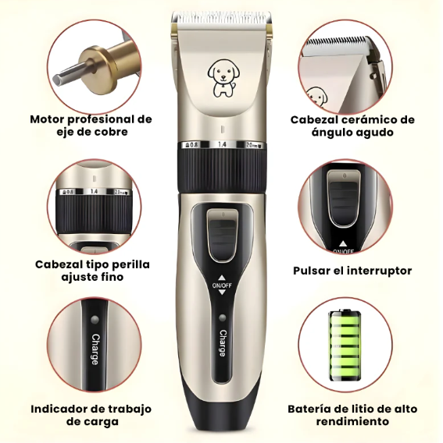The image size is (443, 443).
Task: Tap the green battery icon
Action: (347, 346)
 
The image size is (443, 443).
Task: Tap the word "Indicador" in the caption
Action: (63, 409)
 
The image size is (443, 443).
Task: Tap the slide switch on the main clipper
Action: (221, 235)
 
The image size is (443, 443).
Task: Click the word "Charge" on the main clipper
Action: (223, 344)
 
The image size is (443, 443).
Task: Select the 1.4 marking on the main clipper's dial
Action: (222, 145)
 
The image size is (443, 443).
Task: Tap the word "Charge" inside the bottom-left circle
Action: (95, 349)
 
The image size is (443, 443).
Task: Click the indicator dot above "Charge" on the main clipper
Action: (222, 319)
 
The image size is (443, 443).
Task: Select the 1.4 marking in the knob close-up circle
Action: (95, 191)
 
